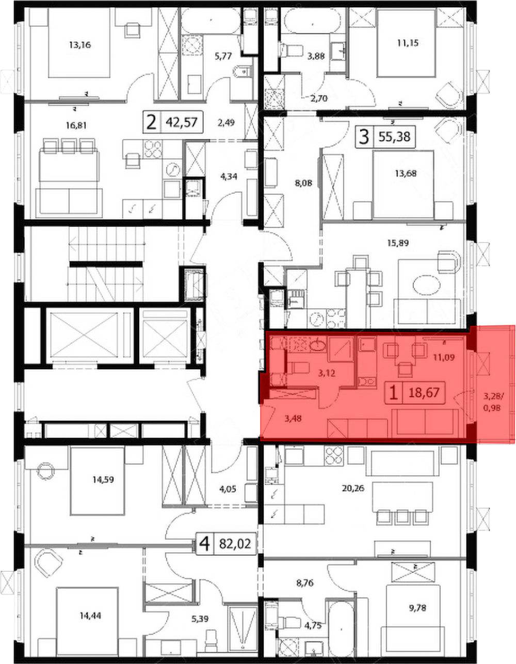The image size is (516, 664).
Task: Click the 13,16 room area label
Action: [80, 45]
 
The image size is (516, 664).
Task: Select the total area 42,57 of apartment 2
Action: [182, 122]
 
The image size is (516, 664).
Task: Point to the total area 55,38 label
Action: [394, 137]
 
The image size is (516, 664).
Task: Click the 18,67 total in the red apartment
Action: [424, 392]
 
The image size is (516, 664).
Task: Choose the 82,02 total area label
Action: [235, 543]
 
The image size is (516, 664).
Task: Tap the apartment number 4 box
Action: [205, 543]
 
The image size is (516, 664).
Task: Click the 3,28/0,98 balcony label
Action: [492, 402]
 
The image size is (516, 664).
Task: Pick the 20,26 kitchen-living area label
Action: [353, 488]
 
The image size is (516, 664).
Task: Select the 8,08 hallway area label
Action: [304, 184]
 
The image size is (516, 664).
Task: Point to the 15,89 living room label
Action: [398, 243]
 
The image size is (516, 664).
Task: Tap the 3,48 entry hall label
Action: [293, 419]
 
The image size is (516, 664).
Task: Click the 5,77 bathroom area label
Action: [223, 56]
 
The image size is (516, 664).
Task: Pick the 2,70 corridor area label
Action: [319, 98]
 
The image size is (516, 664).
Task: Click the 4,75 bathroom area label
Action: [313, 625]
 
